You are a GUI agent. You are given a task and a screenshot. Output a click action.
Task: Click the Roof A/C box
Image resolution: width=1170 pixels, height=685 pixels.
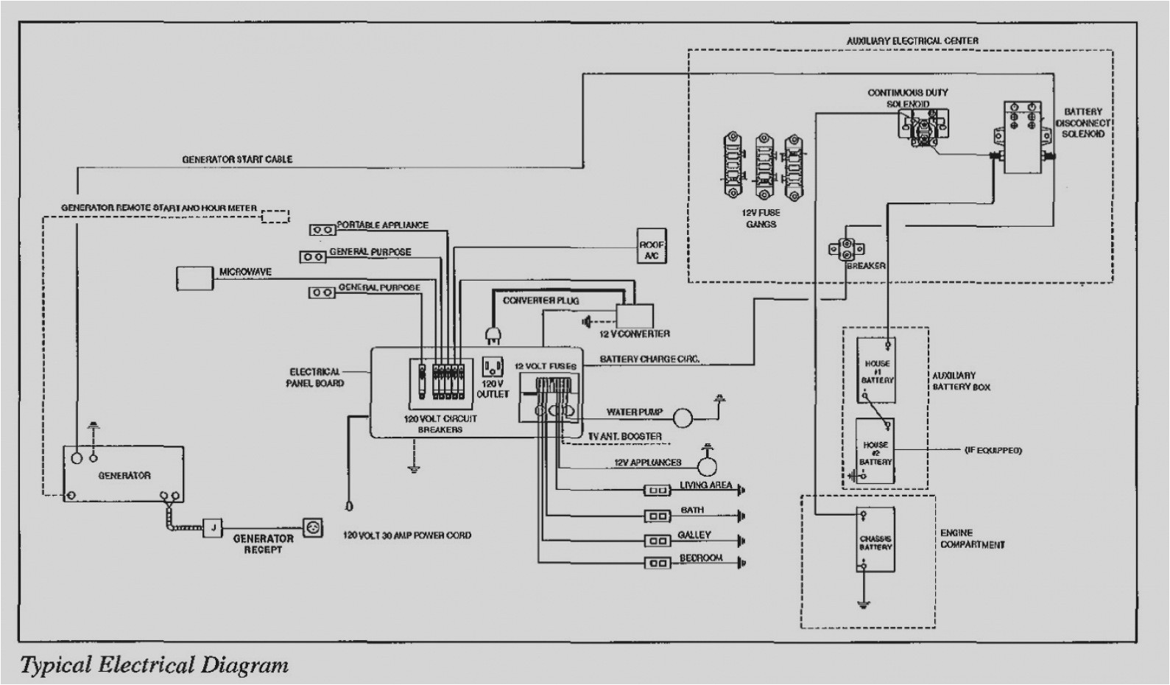pyautogui.click(x=651, y=246)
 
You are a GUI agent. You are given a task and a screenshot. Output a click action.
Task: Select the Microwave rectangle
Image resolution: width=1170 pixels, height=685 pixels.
pyautogui.click(x=195, y=278)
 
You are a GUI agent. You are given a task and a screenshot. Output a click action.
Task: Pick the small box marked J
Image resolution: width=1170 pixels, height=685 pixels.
pyautogui.click(x=212, y=528)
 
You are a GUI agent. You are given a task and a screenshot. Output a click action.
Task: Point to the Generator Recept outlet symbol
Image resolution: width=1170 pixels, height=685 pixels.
pyautogui.click(x=313, y=528)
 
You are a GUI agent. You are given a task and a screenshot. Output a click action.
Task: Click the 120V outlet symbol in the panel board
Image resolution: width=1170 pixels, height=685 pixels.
pyautogui.click(x=492, y=368)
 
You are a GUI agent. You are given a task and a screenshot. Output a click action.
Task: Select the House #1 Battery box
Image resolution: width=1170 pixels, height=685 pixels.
pyautogui.click(x=876, y=370)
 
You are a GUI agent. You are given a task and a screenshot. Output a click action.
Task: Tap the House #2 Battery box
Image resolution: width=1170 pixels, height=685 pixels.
pyautogui.click(x=875, y=452)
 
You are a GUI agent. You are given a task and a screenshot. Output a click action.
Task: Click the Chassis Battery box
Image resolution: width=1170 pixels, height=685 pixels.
pyautogui.click(x=875, y=540)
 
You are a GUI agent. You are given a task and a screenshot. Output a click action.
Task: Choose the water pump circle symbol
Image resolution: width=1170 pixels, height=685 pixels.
pyautogui.click(x=683, y=418)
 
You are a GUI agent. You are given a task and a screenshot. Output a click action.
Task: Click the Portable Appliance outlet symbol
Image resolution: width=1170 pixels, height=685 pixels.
pyautogui.click(x=323, y=230)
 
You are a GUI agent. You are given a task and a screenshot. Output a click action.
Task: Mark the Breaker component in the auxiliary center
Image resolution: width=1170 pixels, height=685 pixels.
pyautogui.click(x=845, y=249)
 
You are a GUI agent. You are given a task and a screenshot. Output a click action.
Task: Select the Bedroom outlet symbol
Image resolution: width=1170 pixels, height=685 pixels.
pyautogui.click(x=657, y=563)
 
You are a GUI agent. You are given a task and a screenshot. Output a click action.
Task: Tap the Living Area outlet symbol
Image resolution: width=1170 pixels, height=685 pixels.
pyautogui.click(x=657, y=490)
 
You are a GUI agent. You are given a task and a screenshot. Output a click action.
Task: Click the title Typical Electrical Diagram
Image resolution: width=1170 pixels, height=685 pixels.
pyautogui.click(x=154, y=666)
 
